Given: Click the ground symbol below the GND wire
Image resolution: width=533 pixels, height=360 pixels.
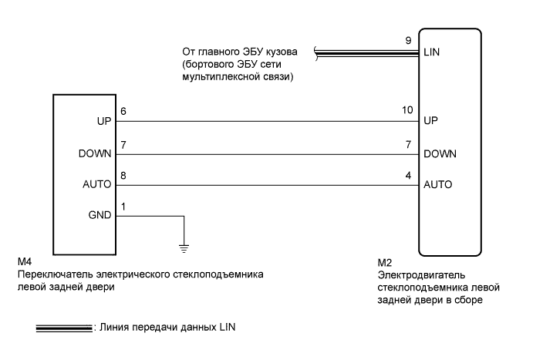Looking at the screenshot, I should pyautogui.click(x=184, y=244).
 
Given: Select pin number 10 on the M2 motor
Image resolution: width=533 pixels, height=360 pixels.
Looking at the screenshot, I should pyautogui.click(x=408, y=111).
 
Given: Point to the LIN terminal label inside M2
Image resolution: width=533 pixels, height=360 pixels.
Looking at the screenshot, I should pyautogui.click(x=432, y=54).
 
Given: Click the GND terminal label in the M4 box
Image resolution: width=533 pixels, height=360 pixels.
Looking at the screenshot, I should pyautogui.click(x=102, y=217).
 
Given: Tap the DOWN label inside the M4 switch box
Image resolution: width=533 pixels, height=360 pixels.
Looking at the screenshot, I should pyautogui.click(x=96, y=153).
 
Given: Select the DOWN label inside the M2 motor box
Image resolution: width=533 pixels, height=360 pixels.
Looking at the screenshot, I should pyautogui.click(x=440, y=153).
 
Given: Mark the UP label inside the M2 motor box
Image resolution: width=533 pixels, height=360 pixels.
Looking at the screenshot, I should pyautogui.click(x=431, y=122).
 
